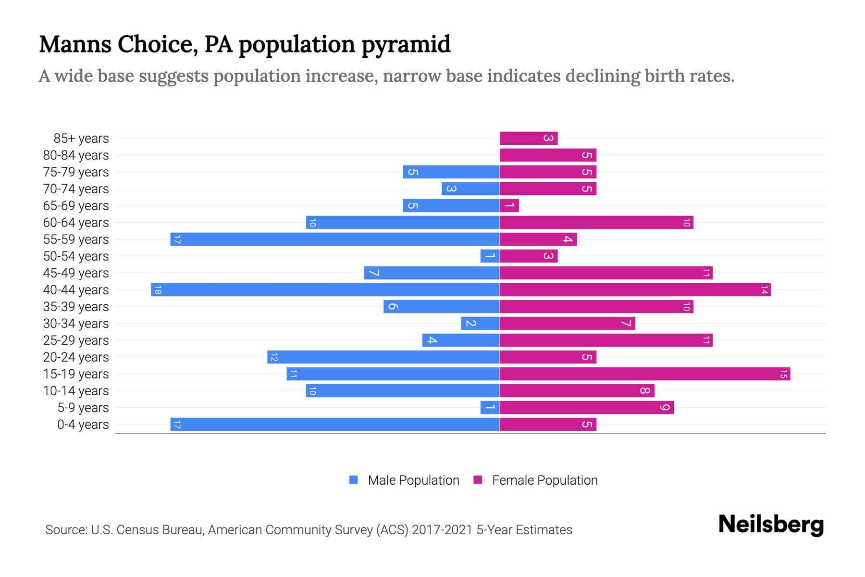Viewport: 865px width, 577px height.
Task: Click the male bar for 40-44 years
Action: click(x=325, y=290)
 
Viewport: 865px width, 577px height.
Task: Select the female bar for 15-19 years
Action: click(x=645, y=374)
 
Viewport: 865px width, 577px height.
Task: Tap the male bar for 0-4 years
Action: click(x=335, y=425)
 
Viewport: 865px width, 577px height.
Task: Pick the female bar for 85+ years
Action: click(x=529, y=138)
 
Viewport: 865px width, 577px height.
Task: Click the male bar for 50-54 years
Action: click(x=490, y=256)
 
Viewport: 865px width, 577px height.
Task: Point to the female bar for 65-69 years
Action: click(x=509, y=206)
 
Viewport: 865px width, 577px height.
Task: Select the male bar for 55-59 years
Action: click(x=335, y=239)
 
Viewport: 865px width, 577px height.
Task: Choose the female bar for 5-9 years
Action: click(x=587, y=408)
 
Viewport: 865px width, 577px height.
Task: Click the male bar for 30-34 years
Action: click(x=480, y=324)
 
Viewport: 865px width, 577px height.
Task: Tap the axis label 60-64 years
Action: click(x=76, y=223)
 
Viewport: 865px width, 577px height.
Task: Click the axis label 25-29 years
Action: click(x=76, y=340)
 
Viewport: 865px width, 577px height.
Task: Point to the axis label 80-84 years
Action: click(x=76, y=155)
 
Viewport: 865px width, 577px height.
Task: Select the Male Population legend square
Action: click(x=354, y=480)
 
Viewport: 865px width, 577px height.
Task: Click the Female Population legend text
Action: click(x=544, y=480)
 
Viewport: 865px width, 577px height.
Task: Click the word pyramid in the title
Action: click(x=406, y=45)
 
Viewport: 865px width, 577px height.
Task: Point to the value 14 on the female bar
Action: click(x=764, y=290)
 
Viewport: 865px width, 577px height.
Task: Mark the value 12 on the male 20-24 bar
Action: click(x=274, y=357)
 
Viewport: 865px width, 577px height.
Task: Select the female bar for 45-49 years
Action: click(x=606, y=273)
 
